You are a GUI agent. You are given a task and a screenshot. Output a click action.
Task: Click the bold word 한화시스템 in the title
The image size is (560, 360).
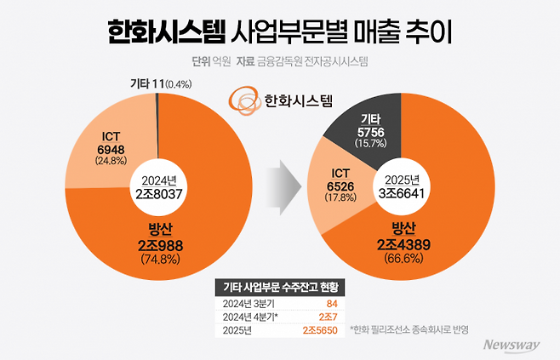(x=167, y=31)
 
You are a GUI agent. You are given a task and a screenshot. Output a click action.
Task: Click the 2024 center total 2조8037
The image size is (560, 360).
(x=158, y=191)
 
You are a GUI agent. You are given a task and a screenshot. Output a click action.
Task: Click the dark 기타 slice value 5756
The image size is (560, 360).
(x=372, y=133)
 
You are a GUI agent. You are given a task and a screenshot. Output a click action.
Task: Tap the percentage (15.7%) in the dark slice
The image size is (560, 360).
(x=372, y=145)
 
